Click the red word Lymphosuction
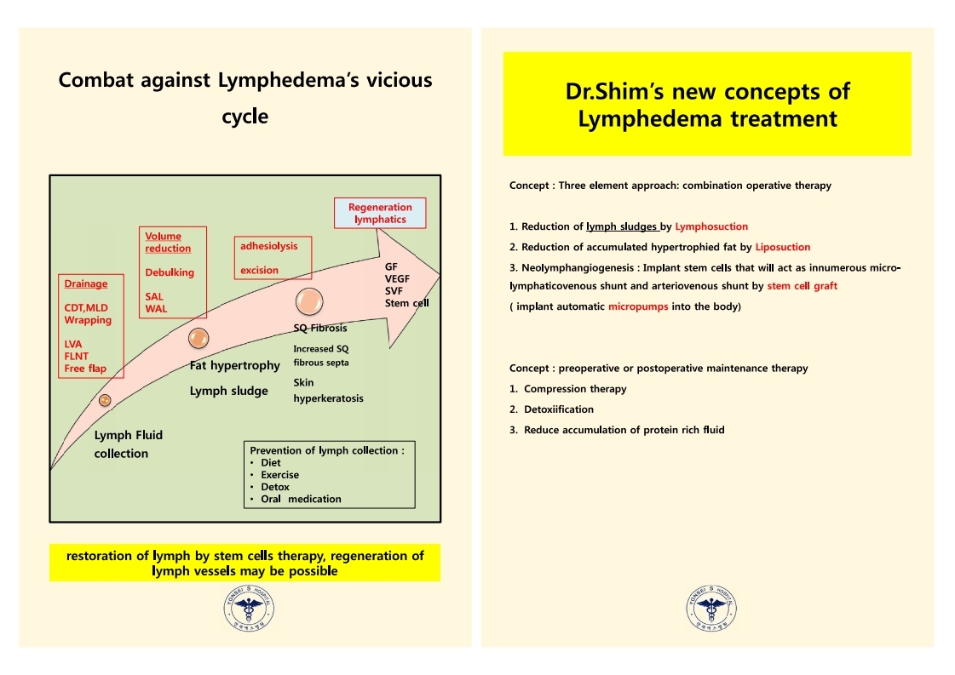point(711,226)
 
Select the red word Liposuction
point(783,247)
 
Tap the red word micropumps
point(638,306)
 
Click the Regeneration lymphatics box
point(380,213)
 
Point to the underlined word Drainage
point(86,283)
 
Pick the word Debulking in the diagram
point(170,272)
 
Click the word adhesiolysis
point(268,246)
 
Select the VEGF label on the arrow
point(397,278)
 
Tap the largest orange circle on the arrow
point(309,301)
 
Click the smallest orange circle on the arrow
point(105,400)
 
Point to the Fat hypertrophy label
point(234,365)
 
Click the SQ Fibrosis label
point(319,328)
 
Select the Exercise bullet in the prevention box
point(279,475)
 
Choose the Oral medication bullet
point(301,499)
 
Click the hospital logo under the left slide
point(249,608)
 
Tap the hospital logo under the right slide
point(710,608)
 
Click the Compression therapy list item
point(575,389)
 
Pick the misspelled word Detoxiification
point(559,409)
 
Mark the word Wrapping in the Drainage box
point(88,320)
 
